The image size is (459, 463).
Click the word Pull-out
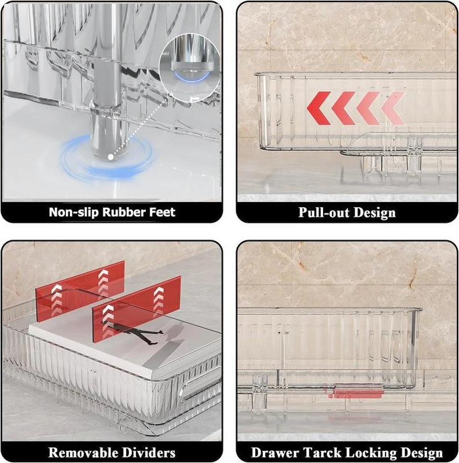coord(324,213)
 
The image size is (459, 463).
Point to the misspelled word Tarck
coord(321,453)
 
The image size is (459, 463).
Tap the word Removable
coord(83,453)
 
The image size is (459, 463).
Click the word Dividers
coord(149,453)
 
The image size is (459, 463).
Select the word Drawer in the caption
coord(275,453)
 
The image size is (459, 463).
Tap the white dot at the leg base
coord(111,157)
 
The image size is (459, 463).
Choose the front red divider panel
coord(137,309)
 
